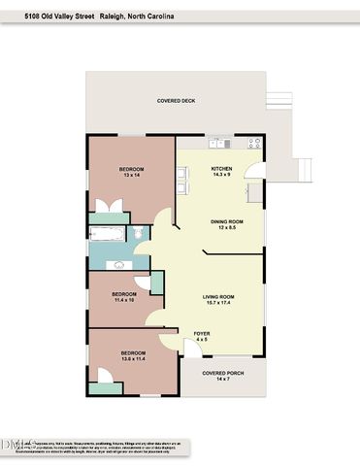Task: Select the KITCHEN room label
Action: tap(221, 168)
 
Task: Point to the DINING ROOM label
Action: tap(226, 221)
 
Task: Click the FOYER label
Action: tap(202, 335)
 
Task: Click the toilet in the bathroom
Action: tap(141, 232)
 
